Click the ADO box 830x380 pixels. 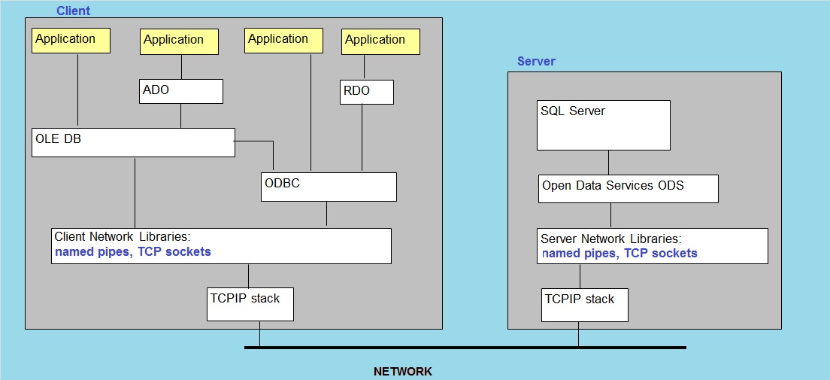[x=182, y=91]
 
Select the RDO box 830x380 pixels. [x=367, y=93]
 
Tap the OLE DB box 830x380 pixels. [x=133, y=142]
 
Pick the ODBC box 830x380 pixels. [x=329, y=187]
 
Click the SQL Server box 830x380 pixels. [x=604, y=125]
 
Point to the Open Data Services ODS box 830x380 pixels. [x=629, y=189]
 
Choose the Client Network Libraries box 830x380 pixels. [x=221, y=246]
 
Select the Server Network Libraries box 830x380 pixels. [x=653, y=246]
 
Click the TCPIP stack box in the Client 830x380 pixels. [x=250, y=304]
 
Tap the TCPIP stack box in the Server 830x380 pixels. [x=585, y=305]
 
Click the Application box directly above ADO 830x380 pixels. [x=180, y=41]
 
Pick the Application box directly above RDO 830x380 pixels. [x=380, y=41]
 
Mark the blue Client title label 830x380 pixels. [x=73, y=11]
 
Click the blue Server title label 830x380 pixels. [x=536, y=62]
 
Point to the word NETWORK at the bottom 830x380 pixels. [x=403, y=372]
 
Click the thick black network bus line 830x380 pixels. [x=465, y=348]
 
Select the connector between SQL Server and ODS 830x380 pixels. [x=607, y=163]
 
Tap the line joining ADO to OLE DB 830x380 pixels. [x=181, y=116]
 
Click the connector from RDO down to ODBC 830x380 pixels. [x=362, y=138]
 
